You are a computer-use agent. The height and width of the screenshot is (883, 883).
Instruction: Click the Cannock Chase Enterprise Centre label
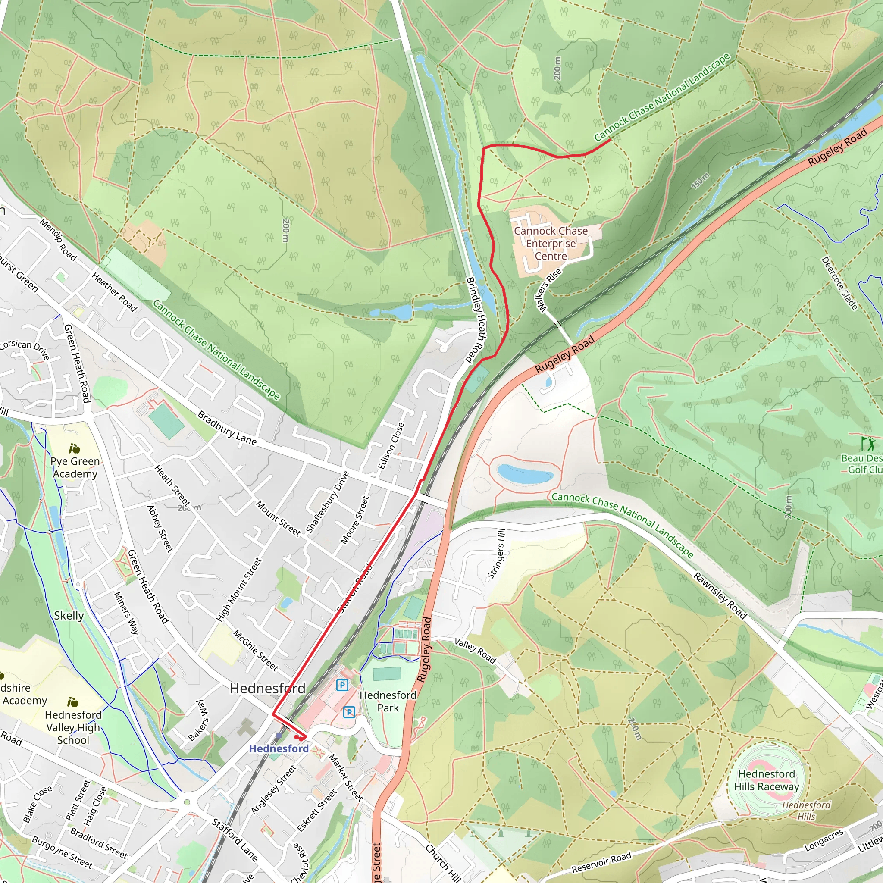point(551,243)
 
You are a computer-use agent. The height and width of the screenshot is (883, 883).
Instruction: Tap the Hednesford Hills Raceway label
point(767,780)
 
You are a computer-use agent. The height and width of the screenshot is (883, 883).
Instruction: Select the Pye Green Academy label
point(75,467)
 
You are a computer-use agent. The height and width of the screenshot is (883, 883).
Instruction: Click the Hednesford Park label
point(388,701)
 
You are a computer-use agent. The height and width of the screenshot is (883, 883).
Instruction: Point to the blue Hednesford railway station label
point(279,748)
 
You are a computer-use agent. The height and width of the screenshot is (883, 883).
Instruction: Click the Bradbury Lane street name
point(227,428)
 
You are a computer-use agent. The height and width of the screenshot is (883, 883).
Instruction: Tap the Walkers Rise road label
point(548,291)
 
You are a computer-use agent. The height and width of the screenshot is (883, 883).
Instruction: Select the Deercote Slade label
point(839,283)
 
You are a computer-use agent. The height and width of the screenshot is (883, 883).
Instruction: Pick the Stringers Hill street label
point(497,554)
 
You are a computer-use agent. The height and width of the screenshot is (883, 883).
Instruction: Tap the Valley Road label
point(475,650)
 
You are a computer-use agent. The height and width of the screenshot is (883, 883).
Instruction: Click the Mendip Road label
point(58,239)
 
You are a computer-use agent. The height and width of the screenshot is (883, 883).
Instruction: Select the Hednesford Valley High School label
point(73,727)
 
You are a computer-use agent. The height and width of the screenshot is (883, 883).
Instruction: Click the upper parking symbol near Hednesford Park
point(342,685)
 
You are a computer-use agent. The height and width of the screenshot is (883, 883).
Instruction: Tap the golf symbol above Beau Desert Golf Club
point(867,443)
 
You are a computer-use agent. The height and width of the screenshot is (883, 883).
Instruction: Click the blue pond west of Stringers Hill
point(525,474)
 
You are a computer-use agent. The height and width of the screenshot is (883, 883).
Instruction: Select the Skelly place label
point(69,616)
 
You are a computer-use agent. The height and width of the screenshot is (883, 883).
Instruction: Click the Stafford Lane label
point(235,839)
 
